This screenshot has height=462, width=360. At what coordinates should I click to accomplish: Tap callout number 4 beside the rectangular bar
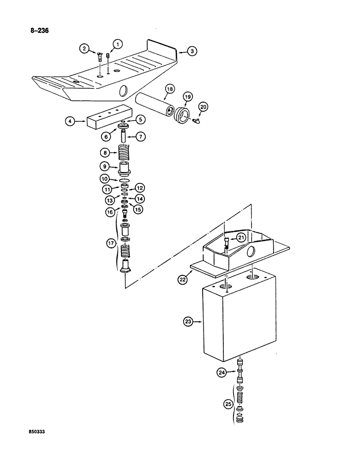point(70,122)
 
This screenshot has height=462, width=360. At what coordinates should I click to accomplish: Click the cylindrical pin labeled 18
point(154,100)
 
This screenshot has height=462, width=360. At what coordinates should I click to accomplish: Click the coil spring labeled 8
point(123,152)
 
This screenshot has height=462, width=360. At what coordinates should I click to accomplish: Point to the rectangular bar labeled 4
point(108,120)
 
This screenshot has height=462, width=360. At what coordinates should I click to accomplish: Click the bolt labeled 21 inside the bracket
point(226,243)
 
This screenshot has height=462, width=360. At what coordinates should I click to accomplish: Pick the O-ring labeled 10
point(124,180)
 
